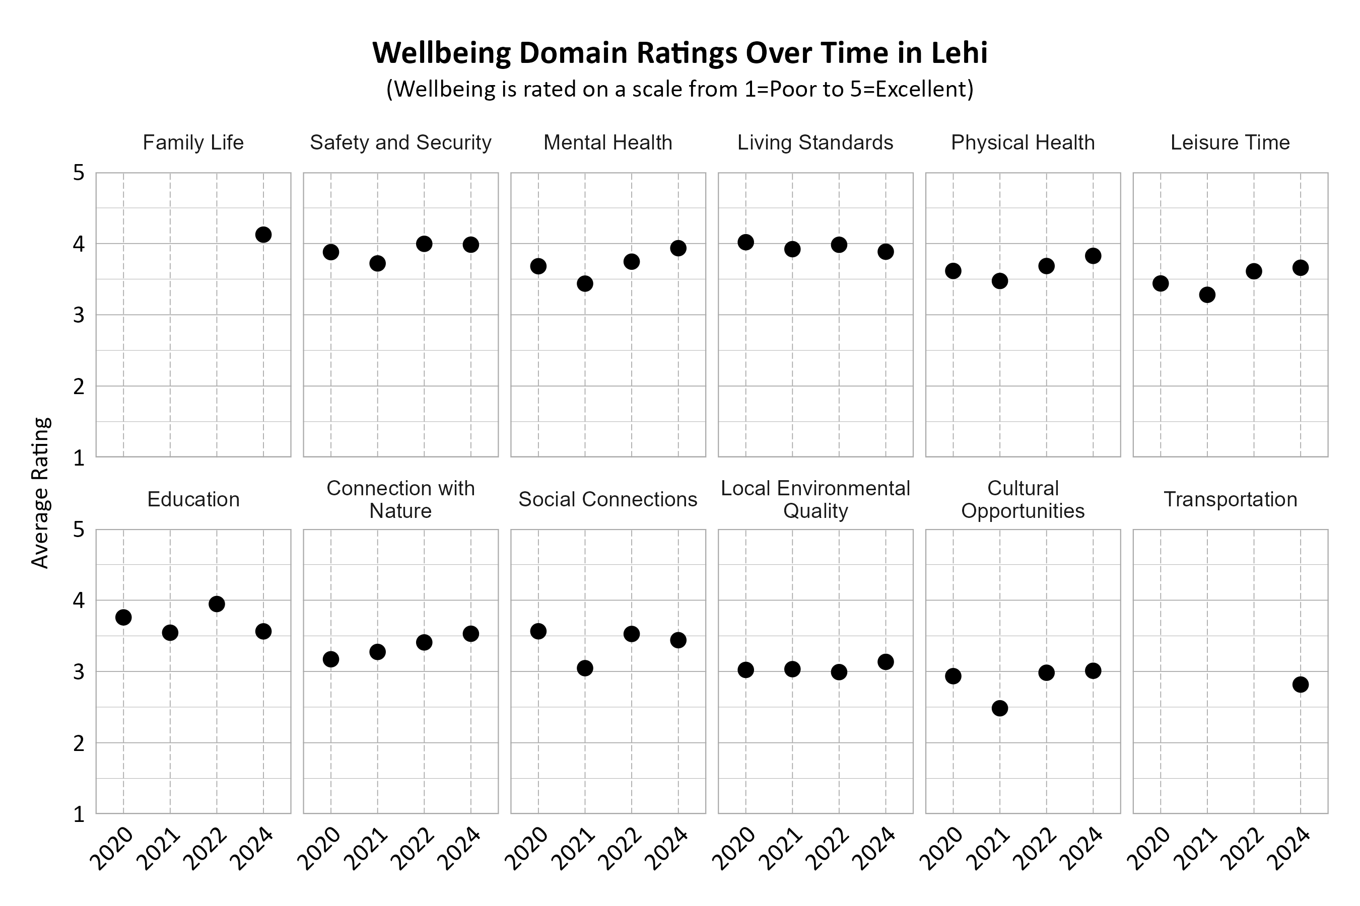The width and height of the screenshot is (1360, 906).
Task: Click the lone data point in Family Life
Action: tap(263, 235)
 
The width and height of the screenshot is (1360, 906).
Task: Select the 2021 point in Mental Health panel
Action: tap(585, 284)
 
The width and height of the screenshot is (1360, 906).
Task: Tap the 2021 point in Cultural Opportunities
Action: tap(1000, 708)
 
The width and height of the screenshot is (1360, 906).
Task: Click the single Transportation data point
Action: tap(1301, 685)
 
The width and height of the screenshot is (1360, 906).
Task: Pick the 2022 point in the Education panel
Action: tap(217, 605)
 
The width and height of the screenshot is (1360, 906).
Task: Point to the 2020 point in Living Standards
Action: tap(746, 242)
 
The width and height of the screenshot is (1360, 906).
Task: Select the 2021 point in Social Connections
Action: tap(585, 668)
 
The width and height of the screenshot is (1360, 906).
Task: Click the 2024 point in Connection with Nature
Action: tap(470, 634)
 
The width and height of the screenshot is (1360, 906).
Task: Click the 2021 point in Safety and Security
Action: tap(378, 263)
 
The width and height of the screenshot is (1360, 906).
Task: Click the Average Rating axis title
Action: tap(40, 493)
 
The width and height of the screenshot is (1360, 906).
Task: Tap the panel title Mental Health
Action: tap(608, 143)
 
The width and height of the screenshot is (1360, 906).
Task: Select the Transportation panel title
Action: tap(1230, 500)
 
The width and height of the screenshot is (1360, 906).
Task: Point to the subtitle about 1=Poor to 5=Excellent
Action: tap(679, 90)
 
